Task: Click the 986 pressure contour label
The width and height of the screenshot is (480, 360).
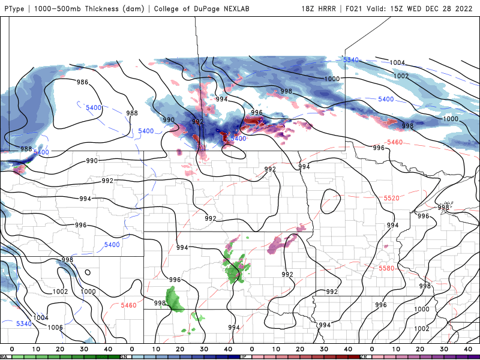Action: (x=83, y=82)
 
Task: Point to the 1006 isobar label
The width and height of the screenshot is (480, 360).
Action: (x=55, y=328)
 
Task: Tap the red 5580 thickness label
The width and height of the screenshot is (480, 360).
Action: (x=387, y=268)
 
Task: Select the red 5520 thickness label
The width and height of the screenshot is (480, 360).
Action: (x=392, y=198)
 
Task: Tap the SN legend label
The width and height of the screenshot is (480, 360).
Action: (x=124, y=356)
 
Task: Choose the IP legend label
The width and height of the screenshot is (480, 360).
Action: (x=244, y=356)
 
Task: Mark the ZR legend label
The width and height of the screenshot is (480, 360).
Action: (x=364, y=356)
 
